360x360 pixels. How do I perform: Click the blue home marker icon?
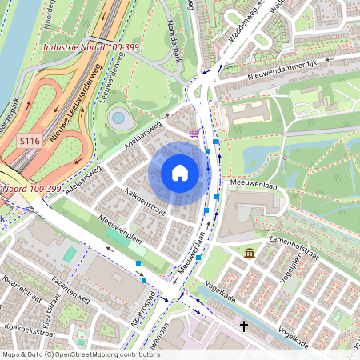pyautogui.click(x=180, y=173)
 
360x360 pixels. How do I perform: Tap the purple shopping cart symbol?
pyautogui.click(x=194, y=132)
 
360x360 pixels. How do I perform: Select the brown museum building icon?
pyautogui.click(x=250, y=253)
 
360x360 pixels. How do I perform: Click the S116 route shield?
pyautogui.click(x=30, y=141)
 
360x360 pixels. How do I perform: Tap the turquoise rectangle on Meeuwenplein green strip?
pyautogui.click(x=70, y=254)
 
